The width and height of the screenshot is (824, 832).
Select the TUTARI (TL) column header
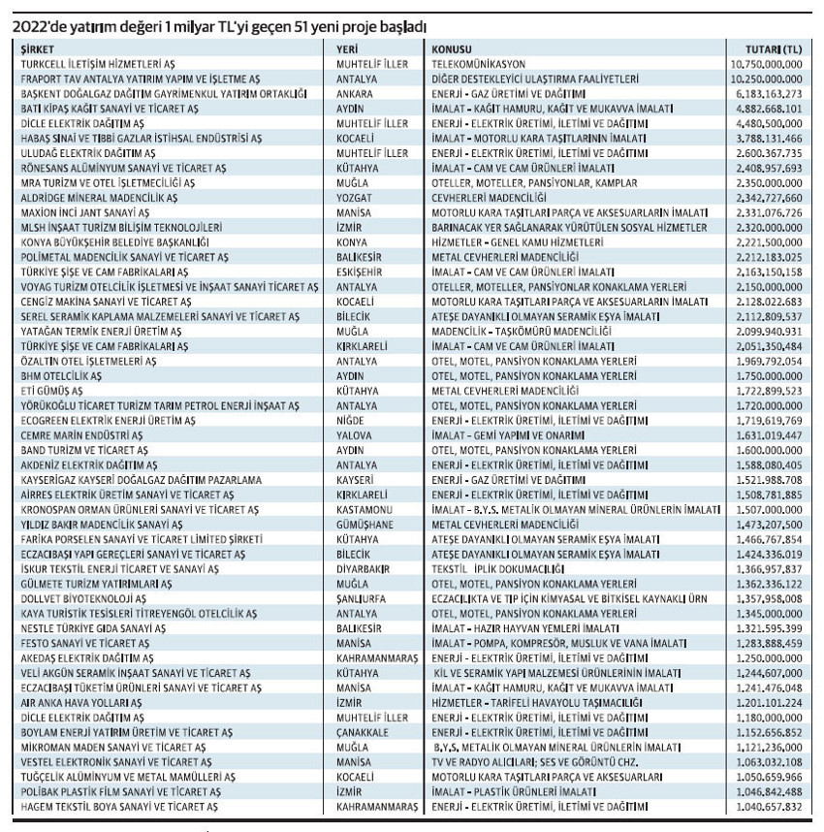[774, 48]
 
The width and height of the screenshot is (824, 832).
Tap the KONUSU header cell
[453, 48]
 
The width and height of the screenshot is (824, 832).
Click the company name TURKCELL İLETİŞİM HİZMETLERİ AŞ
[103, 62]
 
